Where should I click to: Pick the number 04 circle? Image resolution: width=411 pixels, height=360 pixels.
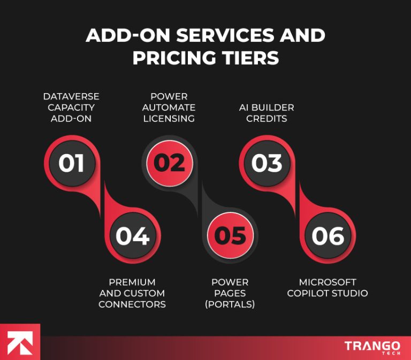132,235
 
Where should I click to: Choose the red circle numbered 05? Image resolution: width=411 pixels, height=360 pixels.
230,235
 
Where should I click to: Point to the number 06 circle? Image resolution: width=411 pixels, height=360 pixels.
328,235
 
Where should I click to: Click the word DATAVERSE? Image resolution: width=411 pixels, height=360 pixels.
71,96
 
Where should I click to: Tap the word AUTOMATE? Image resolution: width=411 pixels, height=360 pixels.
169,108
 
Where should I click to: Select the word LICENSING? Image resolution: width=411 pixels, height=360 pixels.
169,119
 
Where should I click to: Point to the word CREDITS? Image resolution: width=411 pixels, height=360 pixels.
267,119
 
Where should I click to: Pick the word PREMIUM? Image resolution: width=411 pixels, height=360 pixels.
132,282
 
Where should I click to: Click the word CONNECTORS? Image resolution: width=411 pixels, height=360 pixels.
132,304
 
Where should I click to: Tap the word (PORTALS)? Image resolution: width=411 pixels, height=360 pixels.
230,304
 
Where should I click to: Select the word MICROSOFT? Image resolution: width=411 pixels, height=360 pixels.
328,282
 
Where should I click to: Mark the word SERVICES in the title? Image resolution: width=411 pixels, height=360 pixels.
222,36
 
